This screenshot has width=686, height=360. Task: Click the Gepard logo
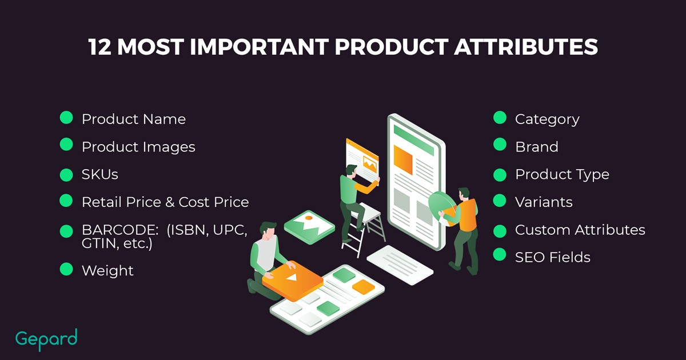click(x=46, y=339)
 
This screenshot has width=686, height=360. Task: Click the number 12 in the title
click(x=99, y=47)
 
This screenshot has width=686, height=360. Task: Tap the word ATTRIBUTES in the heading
click(x=526, y=47)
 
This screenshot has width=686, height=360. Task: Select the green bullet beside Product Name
click(x=66, y=118)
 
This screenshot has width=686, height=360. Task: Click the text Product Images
click(x=138, y=147)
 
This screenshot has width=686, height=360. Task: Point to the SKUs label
click(x=100, y=174)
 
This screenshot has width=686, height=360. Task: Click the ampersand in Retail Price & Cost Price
click(x=170, y=202)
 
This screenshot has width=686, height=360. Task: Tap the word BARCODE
click(x=119, y=230)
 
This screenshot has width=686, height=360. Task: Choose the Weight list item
click(x=107, y=271)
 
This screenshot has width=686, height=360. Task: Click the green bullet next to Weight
click(x=66, y=269)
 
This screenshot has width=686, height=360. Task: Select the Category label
click(x=547, y=119)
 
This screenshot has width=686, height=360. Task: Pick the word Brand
click(x=537, y=147)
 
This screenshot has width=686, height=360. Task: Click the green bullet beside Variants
click(x=500, y=201)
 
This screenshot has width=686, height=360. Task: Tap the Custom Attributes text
click(x=580, y=230)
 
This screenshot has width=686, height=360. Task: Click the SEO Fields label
click(x=552, y=257)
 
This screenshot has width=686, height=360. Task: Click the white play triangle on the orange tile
click(x=293, y=278)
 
